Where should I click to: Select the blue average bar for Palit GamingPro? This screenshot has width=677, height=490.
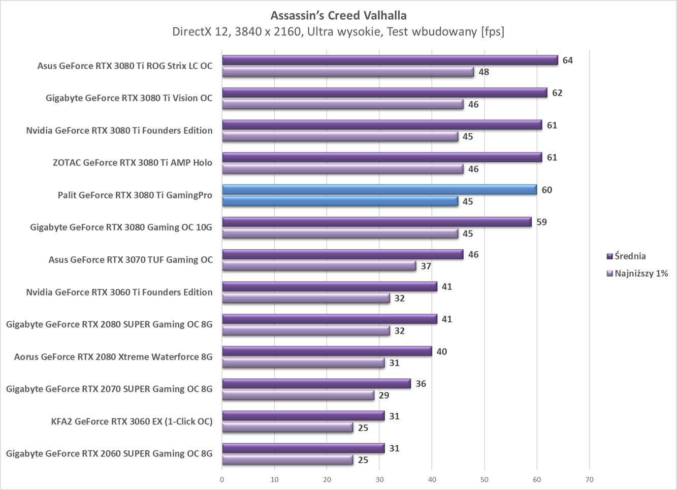click(379, 189)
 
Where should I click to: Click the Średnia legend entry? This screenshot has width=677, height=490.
click(630, 256)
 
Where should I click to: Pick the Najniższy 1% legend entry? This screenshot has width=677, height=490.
click(641, 273)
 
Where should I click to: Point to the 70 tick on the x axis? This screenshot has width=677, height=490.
click(589, 479)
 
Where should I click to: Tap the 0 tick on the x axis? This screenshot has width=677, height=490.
click(222, 479)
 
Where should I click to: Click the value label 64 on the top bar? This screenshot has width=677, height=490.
click(567, 60)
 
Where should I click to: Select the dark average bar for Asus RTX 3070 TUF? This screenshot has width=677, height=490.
click(343, 254)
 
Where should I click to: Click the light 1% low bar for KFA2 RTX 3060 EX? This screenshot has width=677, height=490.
click(287, 428)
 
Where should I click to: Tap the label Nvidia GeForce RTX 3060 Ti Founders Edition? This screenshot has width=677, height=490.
click(119, 292)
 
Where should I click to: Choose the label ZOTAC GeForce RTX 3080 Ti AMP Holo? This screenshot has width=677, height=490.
click(132, 162)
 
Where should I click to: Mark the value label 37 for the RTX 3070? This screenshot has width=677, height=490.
click(426, 266)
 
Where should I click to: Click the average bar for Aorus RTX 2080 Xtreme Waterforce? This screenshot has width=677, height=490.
click(327, 351)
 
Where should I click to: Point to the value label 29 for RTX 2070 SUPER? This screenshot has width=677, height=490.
click(384, 395)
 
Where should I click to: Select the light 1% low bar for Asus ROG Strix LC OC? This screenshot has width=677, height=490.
click(348, 72)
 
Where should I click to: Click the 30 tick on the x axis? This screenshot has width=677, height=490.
click(379, 479)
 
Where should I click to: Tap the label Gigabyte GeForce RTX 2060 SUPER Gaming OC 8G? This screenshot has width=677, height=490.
click(109, 453)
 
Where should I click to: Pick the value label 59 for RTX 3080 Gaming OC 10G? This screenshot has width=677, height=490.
click(541, 222)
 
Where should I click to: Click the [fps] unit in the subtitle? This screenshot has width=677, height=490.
click(492, 31)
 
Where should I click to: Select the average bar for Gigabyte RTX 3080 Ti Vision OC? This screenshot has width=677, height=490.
click(384, 92)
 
